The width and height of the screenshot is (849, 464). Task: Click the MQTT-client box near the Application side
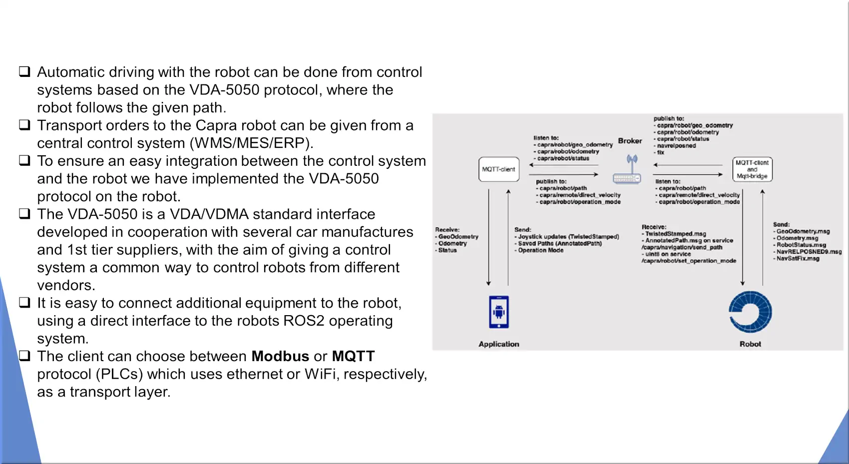point(499,169)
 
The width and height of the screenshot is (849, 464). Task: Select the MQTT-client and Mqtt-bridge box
point(752,169)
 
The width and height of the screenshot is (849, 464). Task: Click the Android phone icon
point(499,312)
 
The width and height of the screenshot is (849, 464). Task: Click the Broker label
point(630,141)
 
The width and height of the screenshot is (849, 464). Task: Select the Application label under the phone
point(499,344)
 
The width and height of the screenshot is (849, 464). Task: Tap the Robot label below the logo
point(750,344)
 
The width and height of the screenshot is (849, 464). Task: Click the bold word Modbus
point(280,356)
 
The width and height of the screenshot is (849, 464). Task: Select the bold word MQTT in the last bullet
point(353,356)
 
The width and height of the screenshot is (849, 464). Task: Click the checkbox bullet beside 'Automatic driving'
point(24,71)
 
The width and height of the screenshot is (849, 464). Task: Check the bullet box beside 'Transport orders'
point(24,125)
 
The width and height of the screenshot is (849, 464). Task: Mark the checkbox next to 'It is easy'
point(24,302)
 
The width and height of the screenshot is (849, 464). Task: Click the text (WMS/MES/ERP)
point(252,143)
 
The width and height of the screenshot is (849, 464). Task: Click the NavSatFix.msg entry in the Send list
point(798,259)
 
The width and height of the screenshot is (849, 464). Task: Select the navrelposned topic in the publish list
point(676,145)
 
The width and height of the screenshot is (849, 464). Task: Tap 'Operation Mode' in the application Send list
point(540,250)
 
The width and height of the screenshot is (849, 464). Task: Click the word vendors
point(66,286)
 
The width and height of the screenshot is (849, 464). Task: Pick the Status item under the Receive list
point(447,250)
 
